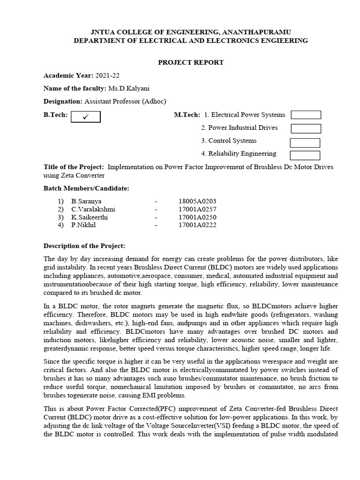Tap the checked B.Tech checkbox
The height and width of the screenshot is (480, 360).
click(x=86, y=117)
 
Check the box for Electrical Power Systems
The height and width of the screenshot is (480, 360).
click(x=306, y=115)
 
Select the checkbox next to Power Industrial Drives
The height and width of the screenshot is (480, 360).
click(x=306, y=128)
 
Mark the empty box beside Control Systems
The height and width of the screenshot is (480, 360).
click(x=305, y=142)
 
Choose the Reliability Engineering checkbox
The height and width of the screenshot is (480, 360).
click(x=305, y=155)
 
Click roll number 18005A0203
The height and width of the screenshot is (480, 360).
click(x=197, y=201)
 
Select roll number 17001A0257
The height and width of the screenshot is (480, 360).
click(x=197, y=209)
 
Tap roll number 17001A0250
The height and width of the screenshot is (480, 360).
click(x=197, y=217)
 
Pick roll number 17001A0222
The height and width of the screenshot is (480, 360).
click(x=197, y=225)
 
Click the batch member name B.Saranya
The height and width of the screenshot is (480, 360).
click(x=87, y=201)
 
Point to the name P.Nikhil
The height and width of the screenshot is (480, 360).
click(x=85, y=225)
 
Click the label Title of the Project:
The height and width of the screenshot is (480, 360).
click(x=74, y=167)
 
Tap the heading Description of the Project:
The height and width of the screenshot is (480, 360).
click(x=84, y=246)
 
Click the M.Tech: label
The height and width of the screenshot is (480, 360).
click(x=187, y=115)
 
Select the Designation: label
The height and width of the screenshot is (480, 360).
click(x=63, y=101)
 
